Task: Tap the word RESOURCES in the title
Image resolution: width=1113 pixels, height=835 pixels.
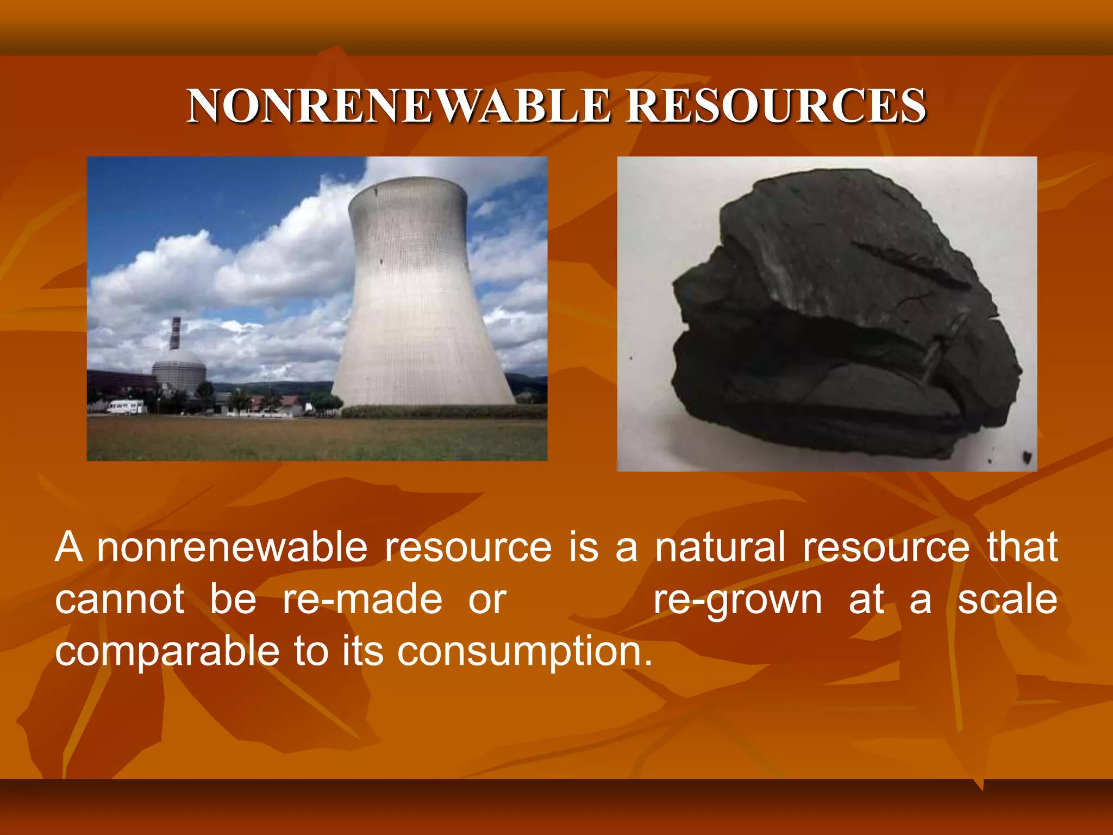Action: pyautogui.click(x=776, y=106)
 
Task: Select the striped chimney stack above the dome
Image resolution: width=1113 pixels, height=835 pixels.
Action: pyautogui.click(x=175, y=333)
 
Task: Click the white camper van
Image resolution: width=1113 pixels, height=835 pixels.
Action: pyautogui.click(x=126, y=407)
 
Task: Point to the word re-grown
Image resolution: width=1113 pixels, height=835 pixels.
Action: pyautogui.click(x=737, y=601)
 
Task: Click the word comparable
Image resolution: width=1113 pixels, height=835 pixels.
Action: pyautogui.click(x=167, y=652)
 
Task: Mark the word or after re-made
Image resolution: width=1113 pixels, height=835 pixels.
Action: pyautogui.click(x=487, y=601)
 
